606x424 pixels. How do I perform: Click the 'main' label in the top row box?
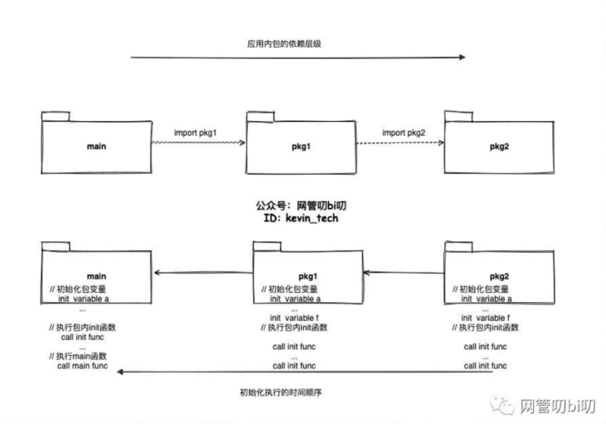(x=95, y=144)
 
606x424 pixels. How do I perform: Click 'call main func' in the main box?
(x=83, y=366)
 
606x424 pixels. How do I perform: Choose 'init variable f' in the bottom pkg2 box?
(x=486, y=317)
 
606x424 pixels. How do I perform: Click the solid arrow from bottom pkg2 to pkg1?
(x=401, y=271)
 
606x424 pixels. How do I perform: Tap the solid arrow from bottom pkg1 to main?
(x=202, y=272)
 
